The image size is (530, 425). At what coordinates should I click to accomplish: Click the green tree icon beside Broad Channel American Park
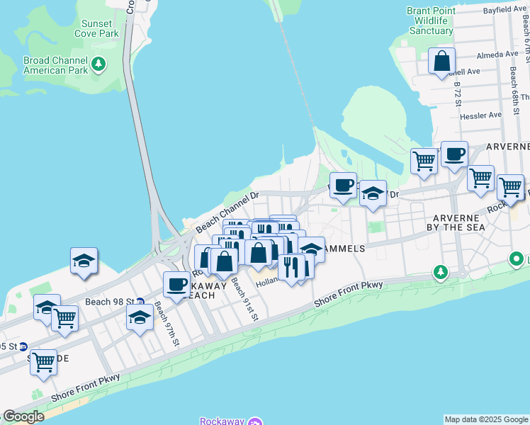[x=98, y=65]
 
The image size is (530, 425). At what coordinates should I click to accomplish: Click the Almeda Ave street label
[x=498, y=55]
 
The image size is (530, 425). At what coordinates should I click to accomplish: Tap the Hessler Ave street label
[x=481, y=115]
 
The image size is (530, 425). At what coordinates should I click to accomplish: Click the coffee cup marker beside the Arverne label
[x=454, y=154]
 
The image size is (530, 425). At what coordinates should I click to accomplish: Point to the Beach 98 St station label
[x=109, y=302]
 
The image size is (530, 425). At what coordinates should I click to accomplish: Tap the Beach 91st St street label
[x=244, y=300]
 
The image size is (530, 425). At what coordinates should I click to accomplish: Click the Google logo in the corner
[x=23, y=416]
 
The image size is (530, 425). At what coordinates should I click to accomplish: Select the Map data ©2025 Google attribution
[x=486, y=419]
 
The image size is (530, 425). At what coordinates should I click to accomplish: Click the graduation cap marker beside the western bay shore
[x=84, y=260]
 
